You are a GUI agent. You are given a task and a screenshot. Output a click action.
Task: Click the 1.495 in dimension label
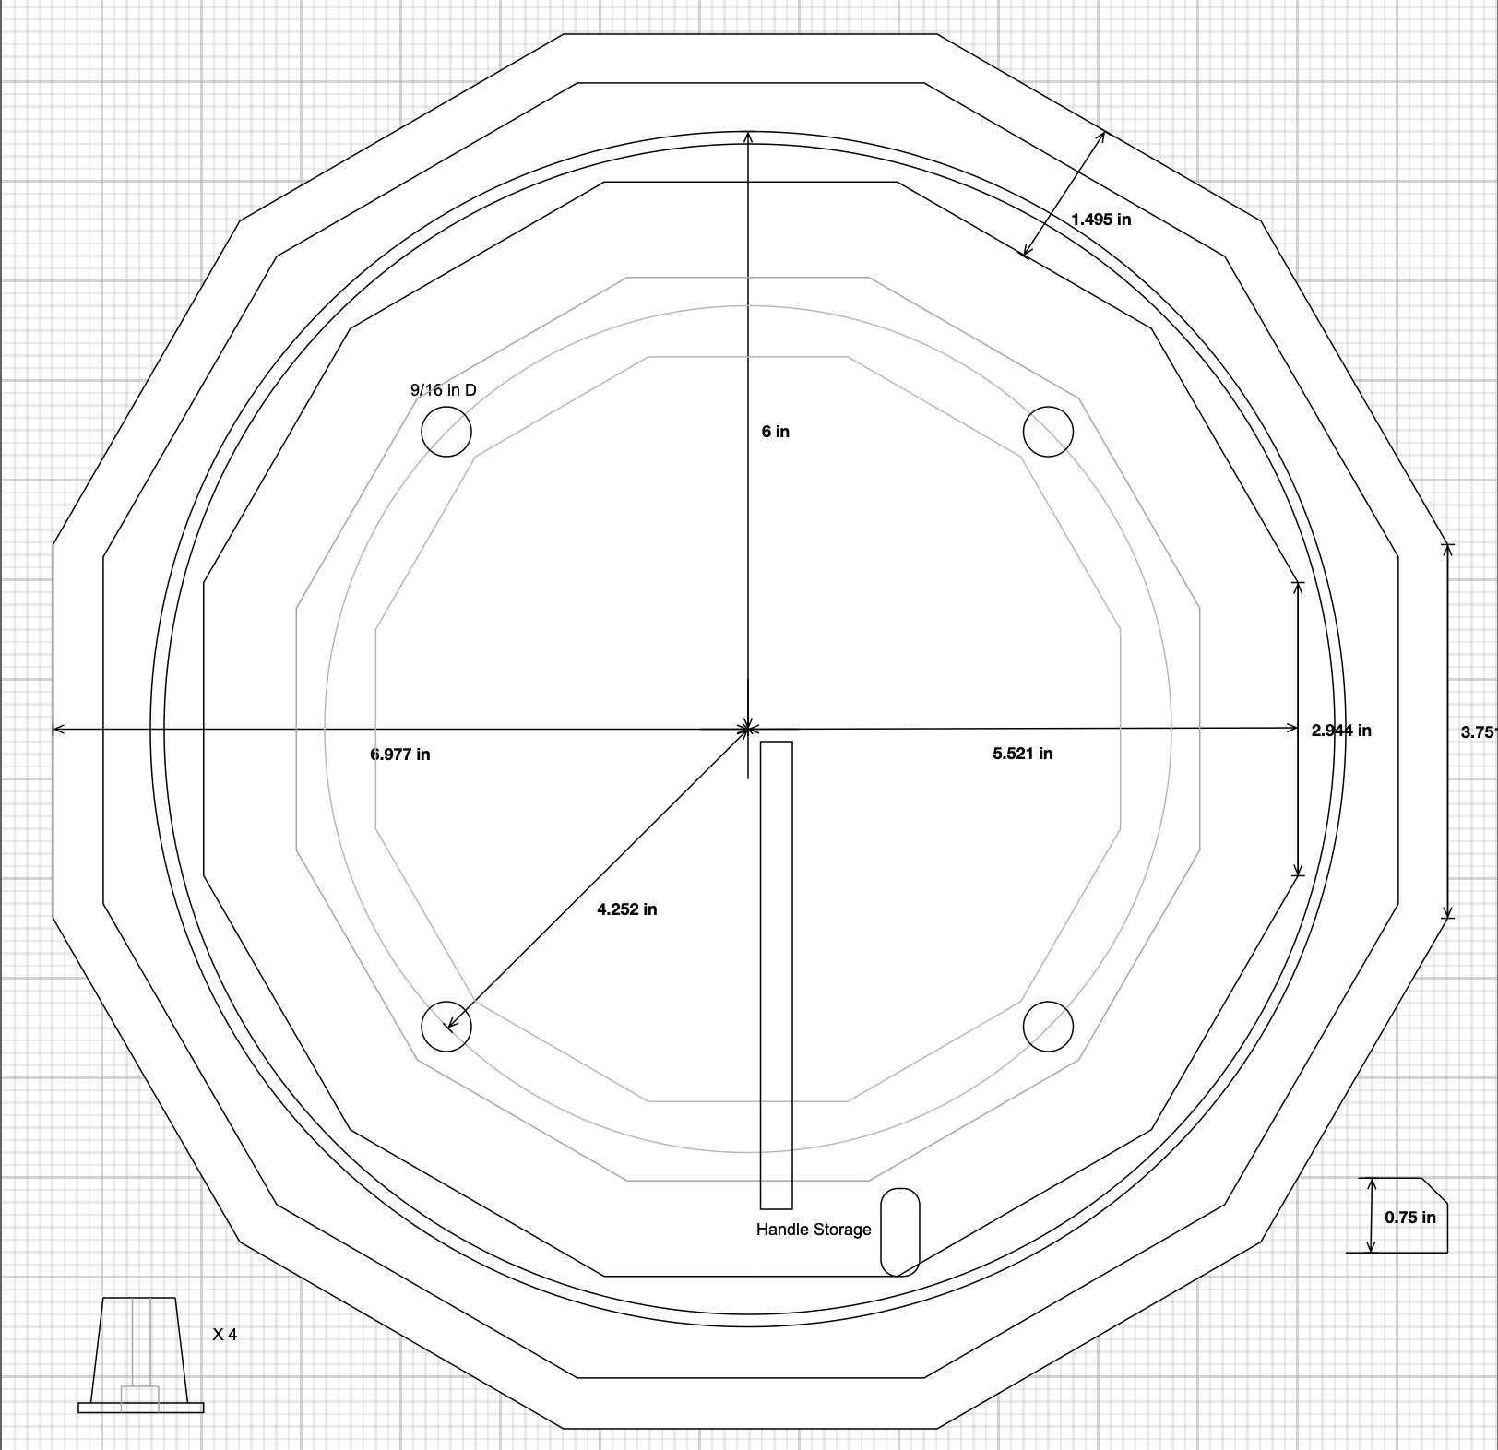point(1100,220)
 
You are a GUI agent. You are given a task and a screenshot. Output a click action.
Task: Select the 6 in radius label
point(775,432)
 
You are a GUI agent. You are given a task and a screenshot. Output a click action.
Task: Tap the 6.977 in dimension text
point(400,755)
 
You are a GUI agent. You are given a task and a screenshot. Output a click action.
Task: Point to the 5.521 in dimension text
point(1022,754)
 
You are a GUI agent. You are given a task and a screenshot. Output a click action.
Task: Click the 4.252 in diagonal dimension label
point(626,909)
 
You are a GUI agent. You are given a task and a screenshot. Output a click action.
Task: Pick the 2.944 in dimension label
point(1340,731)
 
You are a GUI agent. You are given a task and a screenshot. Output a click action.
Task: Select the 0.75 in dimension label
point(1409,1218)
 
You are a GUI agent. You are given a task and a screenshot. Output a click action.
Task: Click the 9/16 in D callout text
point(443,390)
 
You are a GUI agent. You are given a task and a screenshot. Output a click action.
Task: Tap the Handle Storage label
point(813,1230)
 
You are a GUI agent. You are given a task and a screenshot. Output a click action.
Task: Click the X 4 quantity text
point(224,1335)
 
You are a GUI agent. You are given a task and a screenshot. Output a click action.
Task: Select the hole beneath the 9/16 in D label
point(446,432)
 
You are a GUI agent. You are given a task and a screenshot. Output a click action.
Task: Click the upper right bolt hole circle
point(1049,432)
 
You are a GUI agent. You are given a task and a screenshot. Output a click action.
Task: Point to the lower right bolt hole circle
point(1049,1027)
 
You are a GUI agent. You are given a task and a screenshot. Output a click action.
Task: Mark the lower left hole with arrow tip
point(446,1027)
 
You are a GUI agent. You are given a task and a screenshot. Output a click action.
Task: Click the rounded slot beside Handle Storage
point(900,1232)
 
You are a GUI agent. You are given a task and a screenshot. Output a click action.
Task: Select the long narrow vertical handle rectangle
point(776,975)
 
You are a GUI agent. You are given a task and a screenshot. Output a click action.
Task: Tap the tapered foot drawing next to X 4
point(139,1354)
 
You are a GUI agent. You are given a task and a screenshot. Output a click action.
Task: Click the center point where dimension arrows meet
point(748,730)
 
